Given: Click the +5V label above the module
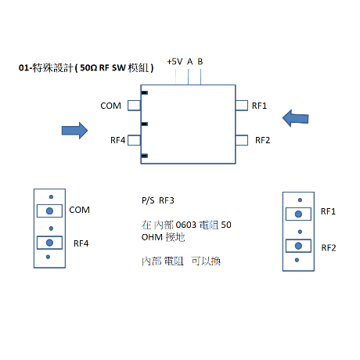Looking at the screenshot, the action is point(175,62).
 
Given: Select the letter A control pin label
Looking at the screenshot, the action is point(189,62).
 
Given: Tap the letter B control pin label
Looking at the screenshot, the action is point(200,62).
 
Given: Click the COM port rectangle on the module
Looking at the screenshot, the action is point(135,106).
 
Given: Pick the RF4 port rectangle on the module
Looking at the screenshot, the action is point(135,140).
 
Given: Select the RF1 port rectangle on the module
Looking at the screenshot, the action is point(242,106).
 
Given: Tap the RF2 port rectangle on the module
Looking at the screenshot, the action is point(242,140).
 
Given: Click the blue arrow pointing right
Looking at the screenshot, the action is point(74,131).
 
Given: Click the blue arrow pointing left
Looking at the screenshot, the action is point(295,118).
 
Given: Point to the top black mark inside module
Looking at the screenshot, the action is point(145,92).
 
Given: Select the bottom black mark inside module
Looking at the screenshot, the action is point(145,156).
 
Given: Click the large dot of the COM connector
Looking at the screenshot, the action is point(49,211).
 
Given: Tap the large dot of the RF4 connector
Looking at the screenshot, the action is point(49,243).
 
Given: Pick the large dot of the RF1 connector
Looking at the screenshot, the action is point(298,214).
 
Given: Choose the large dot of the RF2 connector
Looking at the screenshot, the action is point(298,246).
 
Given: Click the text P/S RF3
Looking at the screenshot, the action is point(158,200).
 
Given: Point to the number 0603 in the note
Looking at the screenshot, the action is point(186,225).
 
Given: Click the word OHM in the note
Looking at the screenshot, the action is point(152,237).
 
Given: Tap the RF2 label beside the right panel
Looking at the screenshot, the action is point(329,248).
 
